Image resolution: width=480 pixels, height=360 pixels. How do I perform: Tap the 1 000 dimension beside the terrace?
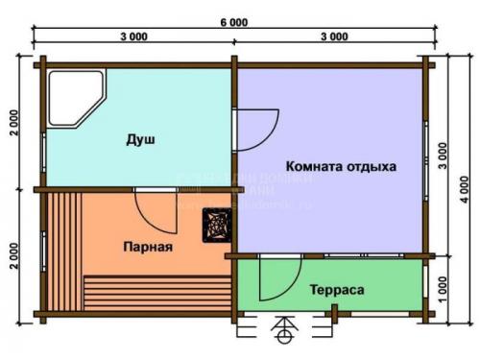click(x=441, y=288)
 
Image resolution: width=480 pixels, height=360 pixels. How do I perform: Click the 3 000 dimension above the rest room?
click(x=333, y=36)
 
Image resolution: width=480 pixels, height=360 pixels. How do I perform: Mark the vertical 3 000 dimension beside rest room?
click(x=441, y=158)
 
